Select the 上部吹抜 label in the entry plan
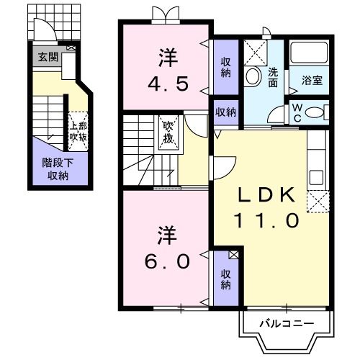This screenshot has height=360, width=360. (78, 129)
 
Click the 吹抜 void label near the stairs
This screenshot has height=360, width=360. (168, 132)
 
